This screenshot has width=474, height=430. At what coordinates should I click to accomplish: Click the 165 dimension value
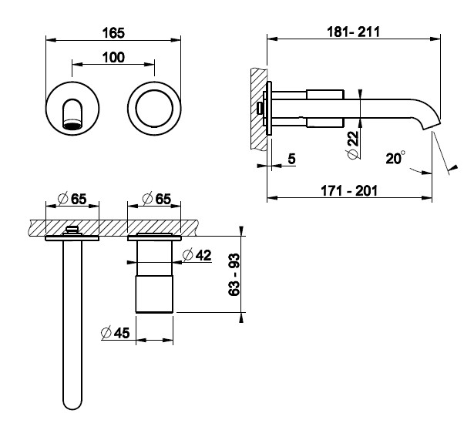pos(113,33)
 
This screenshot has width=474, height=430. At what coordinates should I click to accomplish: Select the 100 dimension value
pos(113,58)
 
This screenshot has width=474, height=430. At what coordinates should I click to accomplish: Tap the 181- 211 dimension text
pos(353,32)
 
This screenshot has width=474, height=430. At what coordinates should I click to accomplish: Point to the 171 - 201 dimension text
pos(349,190)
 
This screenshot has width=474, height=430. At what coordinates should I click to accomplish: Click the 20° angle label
pos(395,158)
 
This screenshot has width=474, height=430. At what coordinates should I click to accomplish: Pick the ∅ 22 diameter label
pos(353,144)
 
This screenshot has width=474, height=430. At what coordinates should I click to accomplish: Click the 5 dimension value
pos(291,159)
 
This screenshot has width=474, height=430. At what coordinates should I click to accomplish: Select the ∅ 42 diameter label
pos(197,255)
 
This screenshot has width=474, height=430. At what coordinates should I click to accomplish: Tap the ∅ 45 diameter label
pos(115,333)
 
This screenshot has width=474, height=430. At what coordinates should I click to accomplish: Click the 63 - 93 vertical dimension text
pos(234,274)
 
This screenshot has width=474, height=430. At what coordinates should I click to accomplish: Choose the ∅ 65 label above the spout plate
pos(72,199)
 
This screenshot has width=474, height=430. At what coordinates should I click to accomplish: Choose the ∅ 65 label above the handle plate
pos(156,199)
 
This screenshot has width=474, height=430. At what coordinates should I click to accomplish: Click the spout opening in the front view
pos(72,124)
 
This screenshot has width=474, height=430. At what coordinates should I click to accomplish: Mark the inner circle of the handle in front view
pos(154,108)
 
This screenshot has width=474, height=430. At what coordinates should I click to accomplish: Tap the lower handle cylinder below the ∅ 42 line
pos(154,294)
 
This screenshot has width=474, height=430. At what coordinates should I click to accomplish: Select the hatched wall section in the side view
pos(259,109)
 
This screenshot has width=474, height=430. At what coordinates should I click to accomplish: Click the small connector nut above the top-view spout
pos(72,230)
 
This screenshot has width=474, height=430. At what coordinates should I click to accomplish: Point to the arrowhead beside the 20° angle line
pos(453,167)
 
